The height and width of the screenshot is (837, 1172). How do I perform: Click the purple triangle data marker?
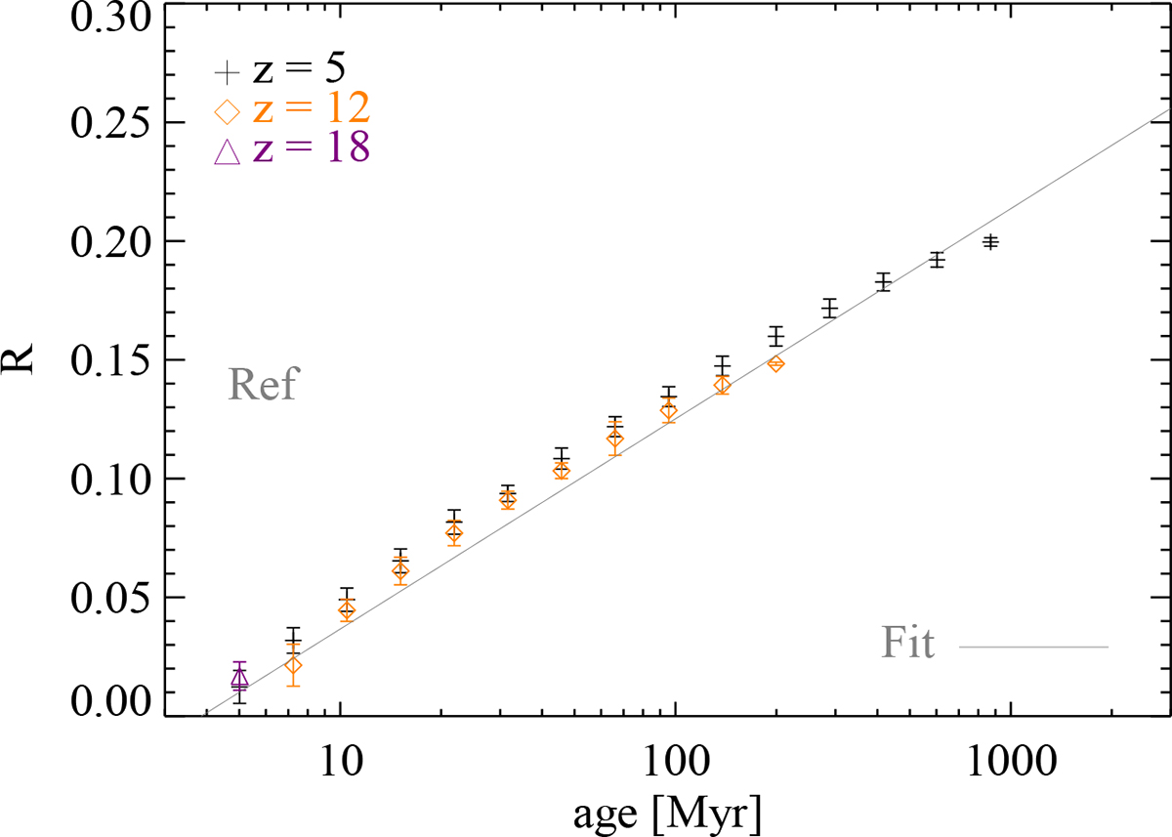(240, 677)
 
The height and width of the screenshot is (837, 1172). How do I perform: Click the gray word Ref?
(261, 385)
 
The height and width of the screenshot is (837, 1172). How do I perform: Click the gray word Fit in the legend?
(908, 645)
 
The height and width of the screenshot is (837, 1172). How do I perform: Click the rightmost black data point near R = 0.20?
(990, 241)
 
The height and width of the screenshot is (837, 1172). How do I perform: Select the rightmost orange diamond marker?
(775, 363)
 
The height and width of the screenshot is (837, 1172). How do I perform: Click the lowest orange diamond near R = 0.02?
(293, 666)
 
